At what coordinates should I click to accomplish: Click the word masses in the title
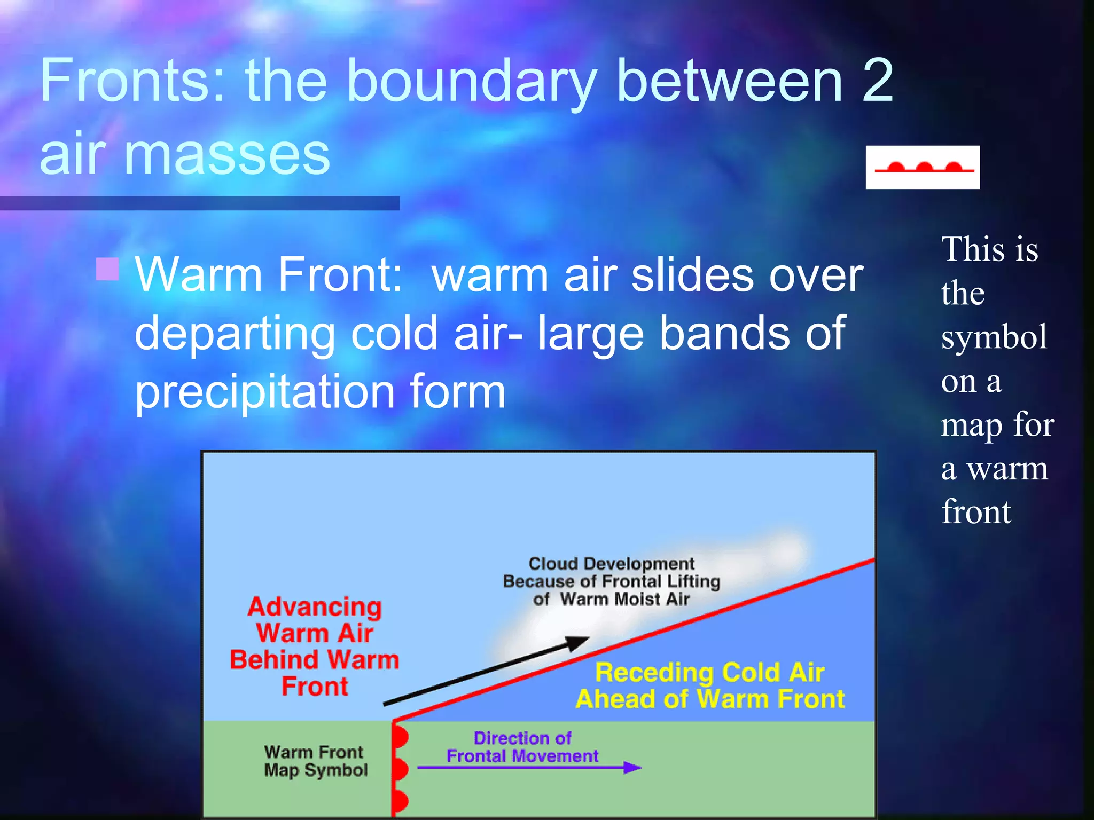pos(227,155)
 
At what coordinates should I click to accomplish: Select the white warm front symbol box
pos(923,167)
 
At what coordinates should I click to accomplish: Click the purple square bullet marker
pos(107,269)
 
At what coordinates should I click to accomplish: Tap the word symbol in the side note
pos(994,337)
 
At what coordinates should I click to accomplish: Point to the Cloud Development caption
pos(611,581)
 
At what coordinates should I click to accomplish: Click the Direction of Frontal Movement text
pos(522,747)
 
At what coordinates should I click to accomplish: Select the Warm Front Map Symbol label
pos(316,761)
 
